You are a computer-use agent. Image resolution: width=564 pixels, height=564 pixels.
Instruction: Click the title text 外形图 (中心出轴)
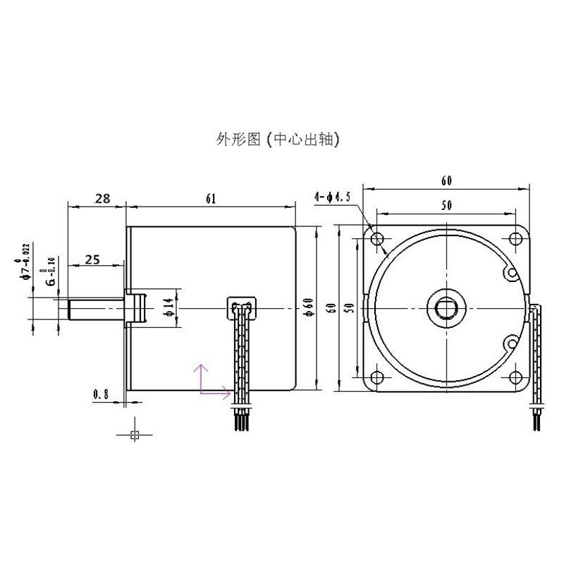[x=278, y=140]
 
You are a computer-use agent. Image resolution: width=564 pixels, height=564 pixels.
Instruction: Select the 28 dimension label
[x=102, y=199]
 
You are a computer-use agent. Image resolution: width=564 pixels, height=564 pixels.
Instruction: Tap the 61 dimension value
[x=210, y=199]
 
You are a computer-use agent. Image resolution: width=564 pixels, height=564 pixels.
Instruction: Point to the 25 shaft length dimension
[x=92, y=259]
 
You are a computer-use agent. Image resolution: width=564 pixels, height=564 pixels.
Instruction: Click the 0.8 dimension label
[x=100, y=395]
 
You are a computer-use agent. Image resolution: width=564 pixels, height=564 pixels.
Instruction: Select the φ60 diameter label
[x=307, y=308]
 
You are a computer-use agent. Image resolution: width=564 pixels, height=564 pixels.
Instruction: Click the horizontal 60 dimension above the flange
[x=446, y=180]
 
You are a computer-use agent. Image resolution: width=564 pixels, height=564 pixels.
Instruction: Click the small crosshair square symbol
[x=135, y=434]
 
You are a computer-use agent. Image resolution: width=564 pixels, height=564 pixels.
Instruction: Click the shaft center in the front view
[x=446, y=307]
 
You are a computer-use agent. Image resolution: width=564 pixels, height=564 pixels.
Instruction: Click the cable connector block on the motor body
[x=240, y=306]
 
